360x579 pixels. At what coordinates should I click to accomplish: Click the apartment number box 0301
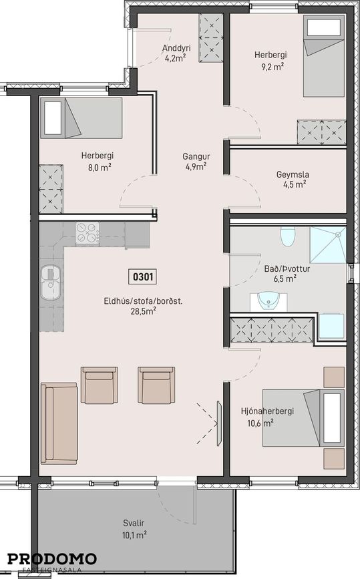coord(143,276)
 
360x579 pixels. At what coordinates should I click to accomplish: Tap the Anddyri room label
coord(176,48)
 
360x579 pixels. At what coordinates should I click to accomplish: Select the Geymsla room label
coord(293,174)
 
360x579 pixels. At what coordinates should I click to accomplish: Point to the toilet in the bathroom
coord(288,236)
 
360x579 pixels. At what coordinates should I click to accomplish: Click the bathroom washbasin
coord(268,302)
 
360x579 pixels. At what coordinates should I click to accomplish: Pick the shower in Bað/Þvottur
coord(327,245)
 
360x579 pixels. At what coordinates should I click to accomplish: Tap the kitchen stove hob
coord(87,233)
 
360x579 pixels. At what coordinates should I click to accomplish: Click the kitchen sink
coord(51,282)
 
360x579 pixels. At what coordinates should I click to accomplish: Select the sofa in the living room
coord(59,423)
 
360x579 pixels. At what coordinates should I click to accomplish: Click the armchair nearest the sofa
coord(99,385)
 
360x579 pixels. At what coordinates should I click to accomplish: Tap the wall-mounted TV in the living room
coord(219,423)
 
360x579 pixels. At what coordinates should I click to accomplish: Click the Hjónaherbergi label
coord(267,411)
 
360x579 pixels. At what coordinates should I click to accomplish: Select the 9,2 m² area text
coord(273,67)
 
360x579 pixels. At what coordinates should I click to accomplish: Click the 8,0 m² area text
coord(100,168)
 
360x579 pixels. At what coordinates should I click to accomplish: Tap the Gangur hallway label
coord(196,156)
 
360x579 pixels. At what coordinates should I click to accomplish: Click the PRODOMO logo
coord(52,560)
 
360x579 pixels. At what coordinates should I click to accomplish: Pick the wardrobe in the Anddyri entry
coord(211,38)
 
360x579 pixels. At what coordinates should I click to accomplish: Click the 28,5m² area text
coord(143,311)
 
